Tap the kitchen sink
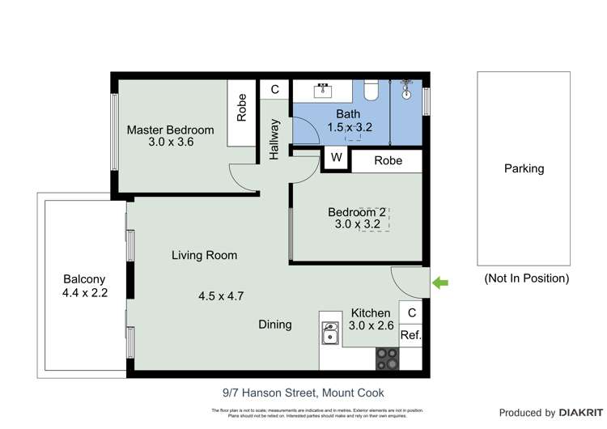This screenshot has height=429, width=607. point(330,333)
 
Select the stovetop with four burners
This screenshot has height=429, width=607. point(387,358)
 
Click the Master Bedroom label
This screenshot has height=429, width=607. point(170,130)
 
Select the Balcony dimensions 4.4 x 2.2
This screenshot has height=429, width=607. point(84,293)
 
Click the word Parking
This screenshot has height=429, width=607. point(524,169)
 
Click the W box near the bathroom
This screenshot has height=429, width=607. point(336,158)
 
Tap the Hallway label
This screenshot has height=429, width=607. point(274,138)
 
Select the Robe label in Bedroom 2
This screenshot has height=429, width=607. point(388,160)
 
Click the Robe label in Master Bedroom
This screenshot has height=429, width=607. point(241,108)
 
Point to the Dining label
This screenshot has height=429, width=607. point(275,325)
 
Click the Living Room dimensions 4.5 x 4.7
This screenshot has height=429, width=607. point(221,295)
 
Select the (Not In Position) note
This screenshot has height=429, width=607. point(526,278)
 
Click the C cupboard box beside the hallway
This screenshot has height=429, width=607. point(274,89)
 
